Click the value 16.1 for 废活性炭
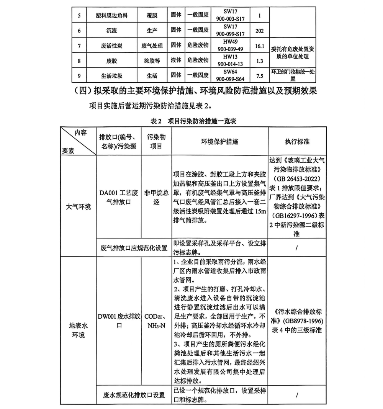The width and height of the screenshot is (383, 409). tap(260, 46)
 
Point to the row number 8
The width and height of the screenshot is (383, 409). tap(79, 61)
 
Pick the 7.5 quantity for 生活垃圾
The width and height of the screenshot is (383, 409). tap(260, 76)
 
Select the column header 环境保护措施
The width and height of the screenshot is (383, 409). tap(220, 141)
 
